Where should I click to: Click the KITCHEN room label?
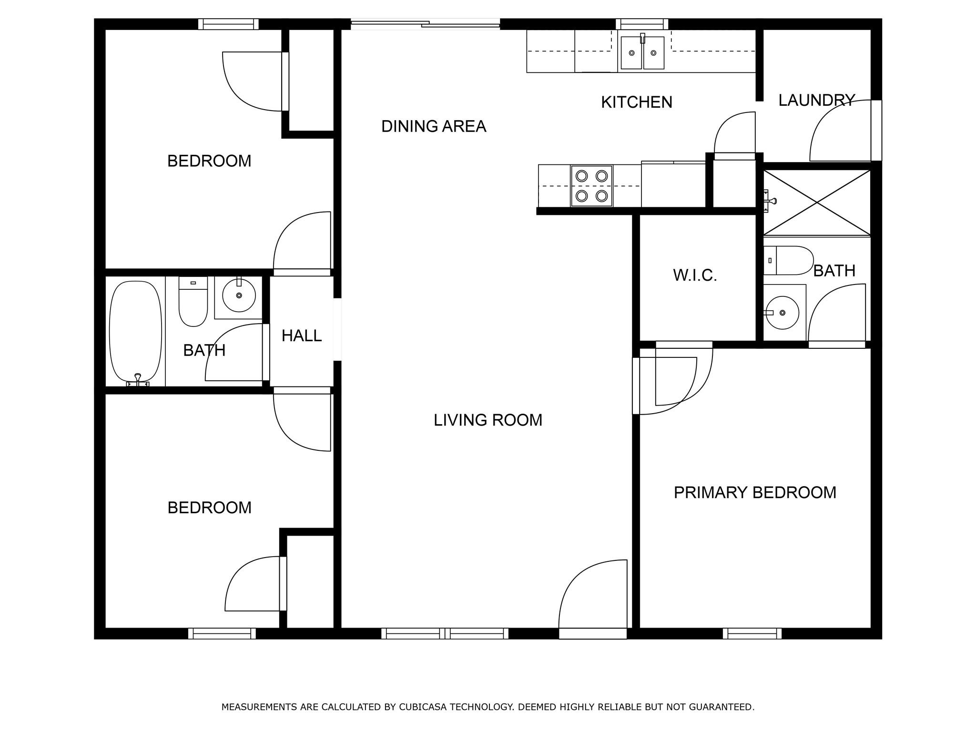[x=636, y=102]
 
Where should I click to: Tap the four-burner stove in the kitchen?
[x=591, y=186]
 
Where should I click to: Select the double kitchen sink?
[x=642, y=53]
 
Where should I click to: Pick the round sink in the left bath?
[x=239, y=296]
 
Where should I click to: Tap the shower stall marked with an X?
[x=817, y=203]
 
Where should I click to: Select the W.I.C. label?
[x=695, y=275]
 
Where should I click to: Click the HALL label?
[x=301, y=336]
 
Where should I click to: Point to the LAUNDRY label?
[x=816, y=100]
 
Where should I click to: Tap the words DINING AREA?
[x=434, y=126]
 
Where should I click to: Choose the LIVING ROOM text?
[x=488, y=420]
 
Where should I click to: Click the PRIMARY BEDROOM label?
[x=754, y=492]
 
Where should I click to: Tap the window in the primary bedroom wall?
[x=752, y=633]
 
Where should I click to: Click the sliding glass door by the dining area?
[x=425, y=23]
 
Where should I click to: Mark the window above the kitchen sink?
[x=641, y=24]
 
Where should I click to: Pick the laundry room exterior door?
[x=876, y=130]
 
